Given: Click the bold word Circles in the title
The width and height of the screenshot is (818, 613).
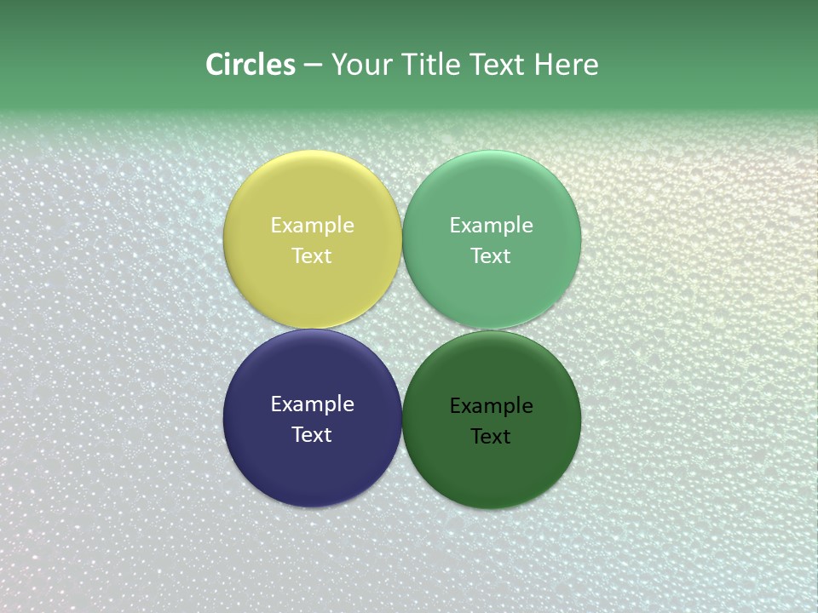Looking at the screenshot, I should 251,65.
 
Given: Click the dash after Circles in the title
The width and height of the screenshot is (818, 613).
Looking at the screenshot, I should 313,66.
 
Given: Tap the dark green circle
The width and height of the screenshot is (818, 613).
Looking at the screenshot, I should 491,468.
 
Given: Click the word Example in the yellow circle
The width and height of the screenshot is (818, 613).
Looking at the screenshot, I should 312,226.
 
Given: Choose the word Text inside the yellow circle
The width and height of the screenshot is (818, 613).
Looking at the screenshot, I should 312,256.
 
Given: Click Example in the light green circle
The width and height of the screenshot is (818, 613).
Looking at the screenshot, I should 491,226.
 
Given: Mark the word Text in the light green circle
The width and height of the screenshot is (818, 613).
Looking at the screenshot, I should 491,256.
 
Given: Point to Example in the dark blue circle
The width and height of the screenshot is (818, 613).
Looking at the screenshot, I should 312,404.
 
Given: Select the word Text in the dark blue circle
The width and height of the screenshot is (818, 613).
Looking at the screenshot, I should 312,435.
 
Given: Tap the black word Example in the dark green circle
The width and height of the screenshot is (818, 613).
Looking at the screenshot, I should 491,406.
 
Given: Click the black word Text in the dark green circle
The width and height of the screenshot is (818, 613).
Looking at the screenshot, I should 491,437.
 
